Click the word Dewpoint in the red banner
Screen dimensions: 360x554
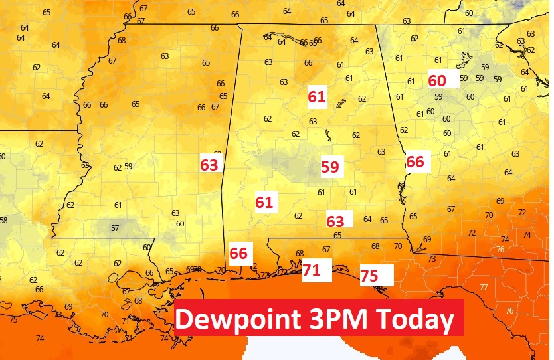click(x=237, y=319)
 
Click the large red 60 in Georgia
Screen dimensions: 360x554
click(x=437, y=80)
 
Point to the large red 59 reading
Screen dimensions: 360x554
click(x=330, y=167)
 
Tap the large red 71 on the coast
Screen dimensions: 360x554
click(x=312, y=270)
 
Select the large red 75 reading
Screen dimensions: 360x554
click(x=369, y=276)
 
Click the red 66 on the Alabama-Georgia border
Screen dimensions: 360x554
click(x=415, y=161)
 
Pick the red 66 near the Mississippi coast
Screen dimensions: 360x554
click(x=238, y=253)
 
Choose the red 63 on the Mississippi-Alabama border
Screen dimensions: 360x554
click(x=209, y=165)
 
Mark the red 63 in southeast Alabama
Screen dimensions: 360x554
click(x=335, y=221)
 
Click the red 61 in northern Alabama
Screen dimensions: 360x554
click(x=317, y=97)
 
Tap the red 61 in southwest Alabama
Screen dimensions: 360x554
click(x=264, y=202)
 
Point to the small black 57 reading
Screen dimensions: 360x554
click(x=114, y=228)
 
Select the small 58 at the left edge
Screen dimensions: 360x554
click(x=3, y=221)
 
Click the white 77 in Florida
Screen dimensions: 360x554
click(x=483, y=287)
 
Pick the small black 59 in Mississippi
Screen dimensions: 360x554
click(x=128, y=167)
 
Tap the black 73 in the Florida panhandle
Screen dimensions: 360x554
click(x=431, y=259)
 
